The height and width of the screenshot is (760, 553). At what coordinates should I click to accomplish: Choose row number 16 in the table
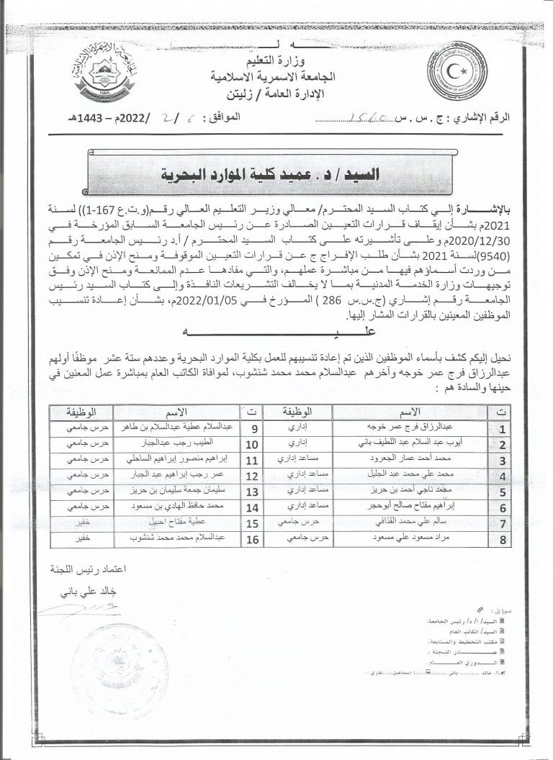point(251,538)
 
